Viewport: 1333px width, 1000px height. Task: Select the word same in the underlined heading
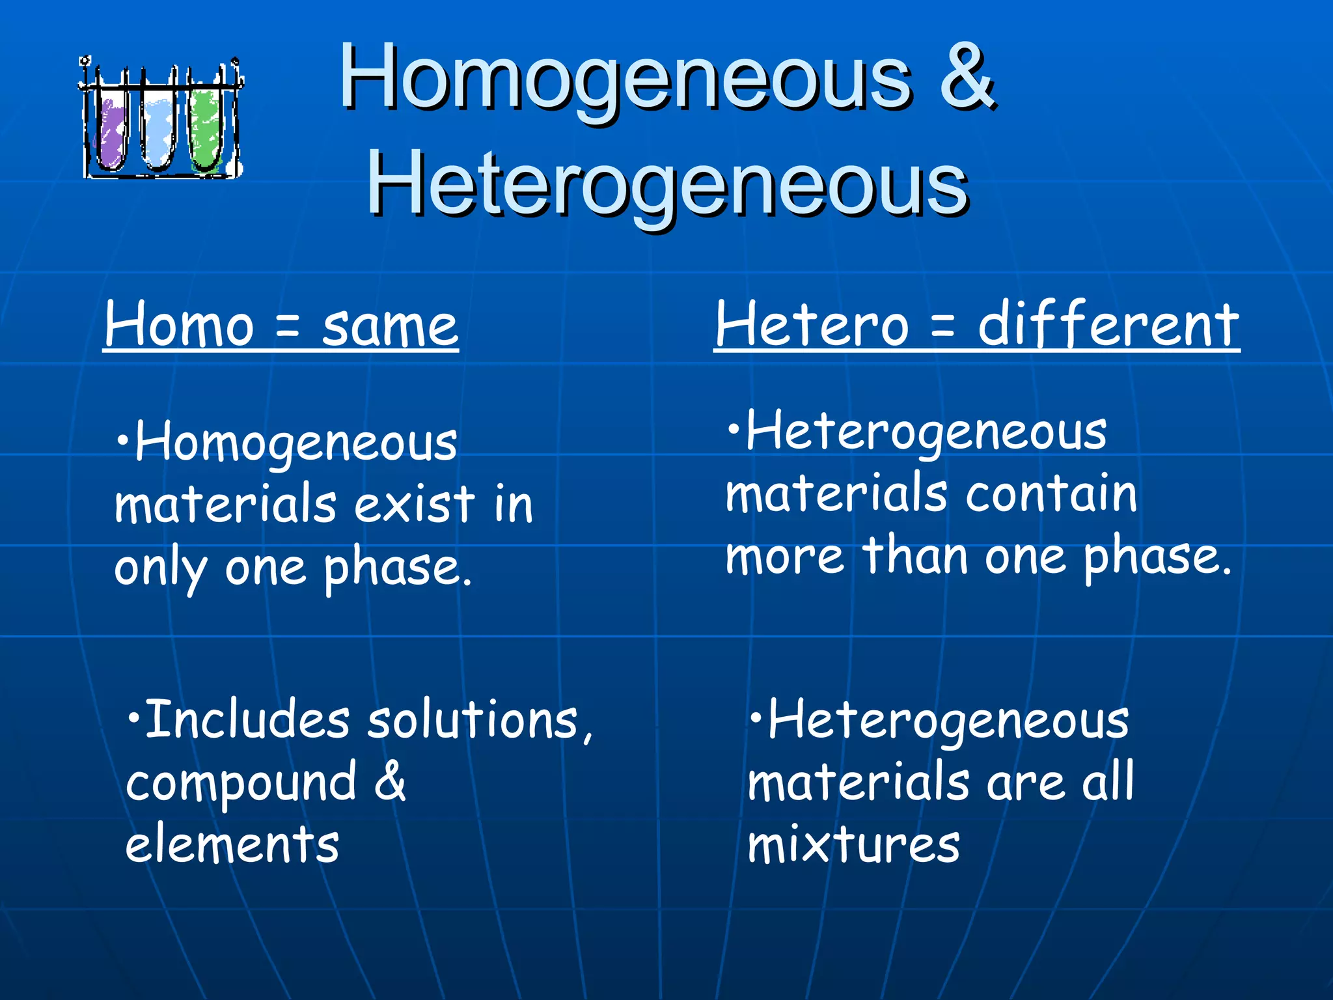tap(390, 326)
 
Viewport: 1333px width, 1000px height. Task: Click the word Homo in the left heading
tap(179, 326)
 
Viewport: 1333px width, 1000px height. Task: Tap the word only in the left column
tap(160, 568)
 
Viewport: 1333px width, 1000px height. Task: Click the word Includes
tap(247, 720)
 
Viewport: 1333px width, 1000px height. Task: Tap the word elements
tap(232, 845)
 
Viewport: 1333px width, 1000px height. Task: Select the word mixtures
tap(853, 845)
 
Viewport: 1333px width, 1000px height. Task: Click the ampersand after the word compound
tap(390, 781)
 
